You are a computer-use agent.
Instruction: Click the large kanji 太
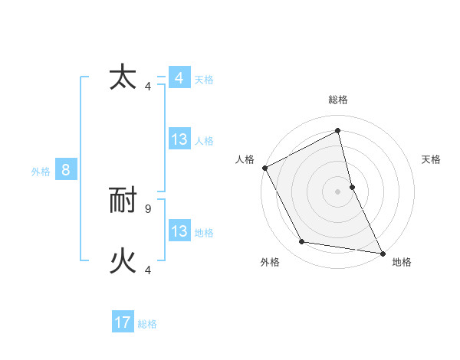tap(123, 78)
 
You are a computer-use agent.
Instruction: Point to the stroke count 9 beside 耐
tap(148, 208)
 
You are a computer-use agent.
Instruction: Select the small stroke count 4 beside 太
tap(148, 86)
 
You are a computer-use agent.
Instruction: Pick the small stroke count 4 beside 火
tap(148, 270)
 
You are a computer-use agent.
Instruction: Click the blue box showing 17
tap(123, 322)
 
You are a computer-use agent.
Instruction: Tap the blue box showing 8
tap(66, 170)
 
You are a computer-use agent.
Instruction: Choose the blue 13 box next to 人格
tap(179, 139)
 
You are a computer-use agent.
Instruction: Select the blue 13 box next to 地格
tap(179, 231)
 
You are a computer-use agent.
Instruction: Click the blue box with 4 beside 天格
tap(179, 78)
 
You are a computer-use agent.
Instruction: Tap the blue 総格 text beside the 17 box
tap(147, 324)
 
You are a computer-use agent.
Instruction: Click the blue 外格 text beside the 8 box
tap(41, 172)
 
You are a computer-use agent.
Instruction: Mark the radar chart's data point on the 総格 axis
tap(337, 130)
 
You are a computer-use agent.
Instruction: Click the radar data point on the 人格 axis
tap(264, 168)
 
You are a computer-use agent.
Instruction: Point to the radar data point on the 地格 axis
tap(382, 252)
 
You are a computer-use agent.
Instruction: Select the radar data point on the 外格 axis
tap(302, 242)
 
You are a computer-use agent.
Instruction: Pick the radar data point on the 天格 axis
tap(352, 187)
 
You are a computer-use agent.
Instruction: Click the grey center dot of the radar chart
tap(337, 191)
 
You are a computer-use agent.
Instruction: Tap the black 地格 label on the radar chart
tap(402, 262)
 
